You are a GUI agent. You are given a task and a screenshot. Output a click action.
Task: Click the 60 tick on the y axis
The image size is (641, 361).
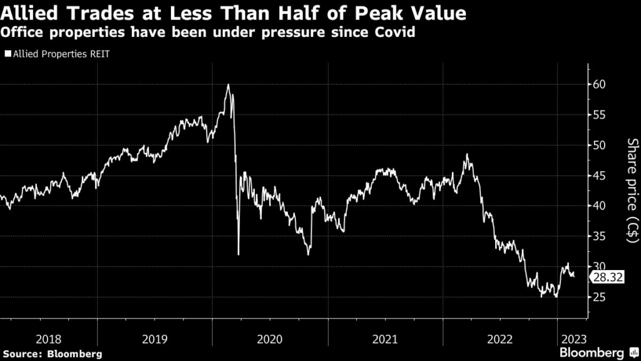(600, 84)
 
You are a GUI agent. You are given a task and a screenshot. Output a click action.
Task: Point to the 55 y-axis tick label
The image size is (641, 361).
(600, 115)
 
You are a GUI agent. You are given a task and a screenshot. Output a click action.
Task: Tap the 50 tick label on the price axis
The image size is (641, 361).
(600, 145)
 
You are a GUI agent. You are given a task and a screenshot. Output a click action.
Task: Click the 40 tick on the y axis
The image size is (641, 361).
(600, 206)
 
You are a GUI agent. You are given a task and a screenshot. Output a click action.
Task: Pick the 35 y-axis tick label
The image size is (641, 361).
(600, 236)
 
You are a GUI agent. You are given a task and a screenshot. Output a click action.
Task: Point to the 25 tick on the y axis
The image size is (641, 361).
(600, 297)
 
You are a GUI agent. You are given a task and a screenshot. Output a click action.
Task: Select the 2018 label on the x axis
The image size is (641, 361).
(48, 339)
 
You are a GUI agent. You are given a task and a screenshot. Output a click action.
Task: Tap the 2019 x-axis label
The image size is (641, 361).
(155, 339)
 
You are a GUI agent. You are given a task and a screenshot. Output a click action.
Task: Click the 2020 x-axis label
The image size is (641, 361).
(269, 339)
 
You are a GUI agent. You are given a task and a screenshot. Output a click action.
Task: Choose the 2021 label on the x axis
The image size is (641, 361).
(385, 339)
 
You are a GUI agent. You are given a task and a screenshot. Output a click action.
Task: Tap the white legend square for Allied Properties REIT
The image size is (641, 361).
(8, 55)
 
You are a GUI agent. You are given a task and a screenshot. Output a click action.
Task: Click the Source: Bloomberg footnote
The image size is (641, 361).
(51, 354)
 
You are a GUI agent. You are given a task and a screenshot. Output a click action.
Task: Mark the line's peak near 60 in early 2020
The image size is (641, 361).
(228, 85)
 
